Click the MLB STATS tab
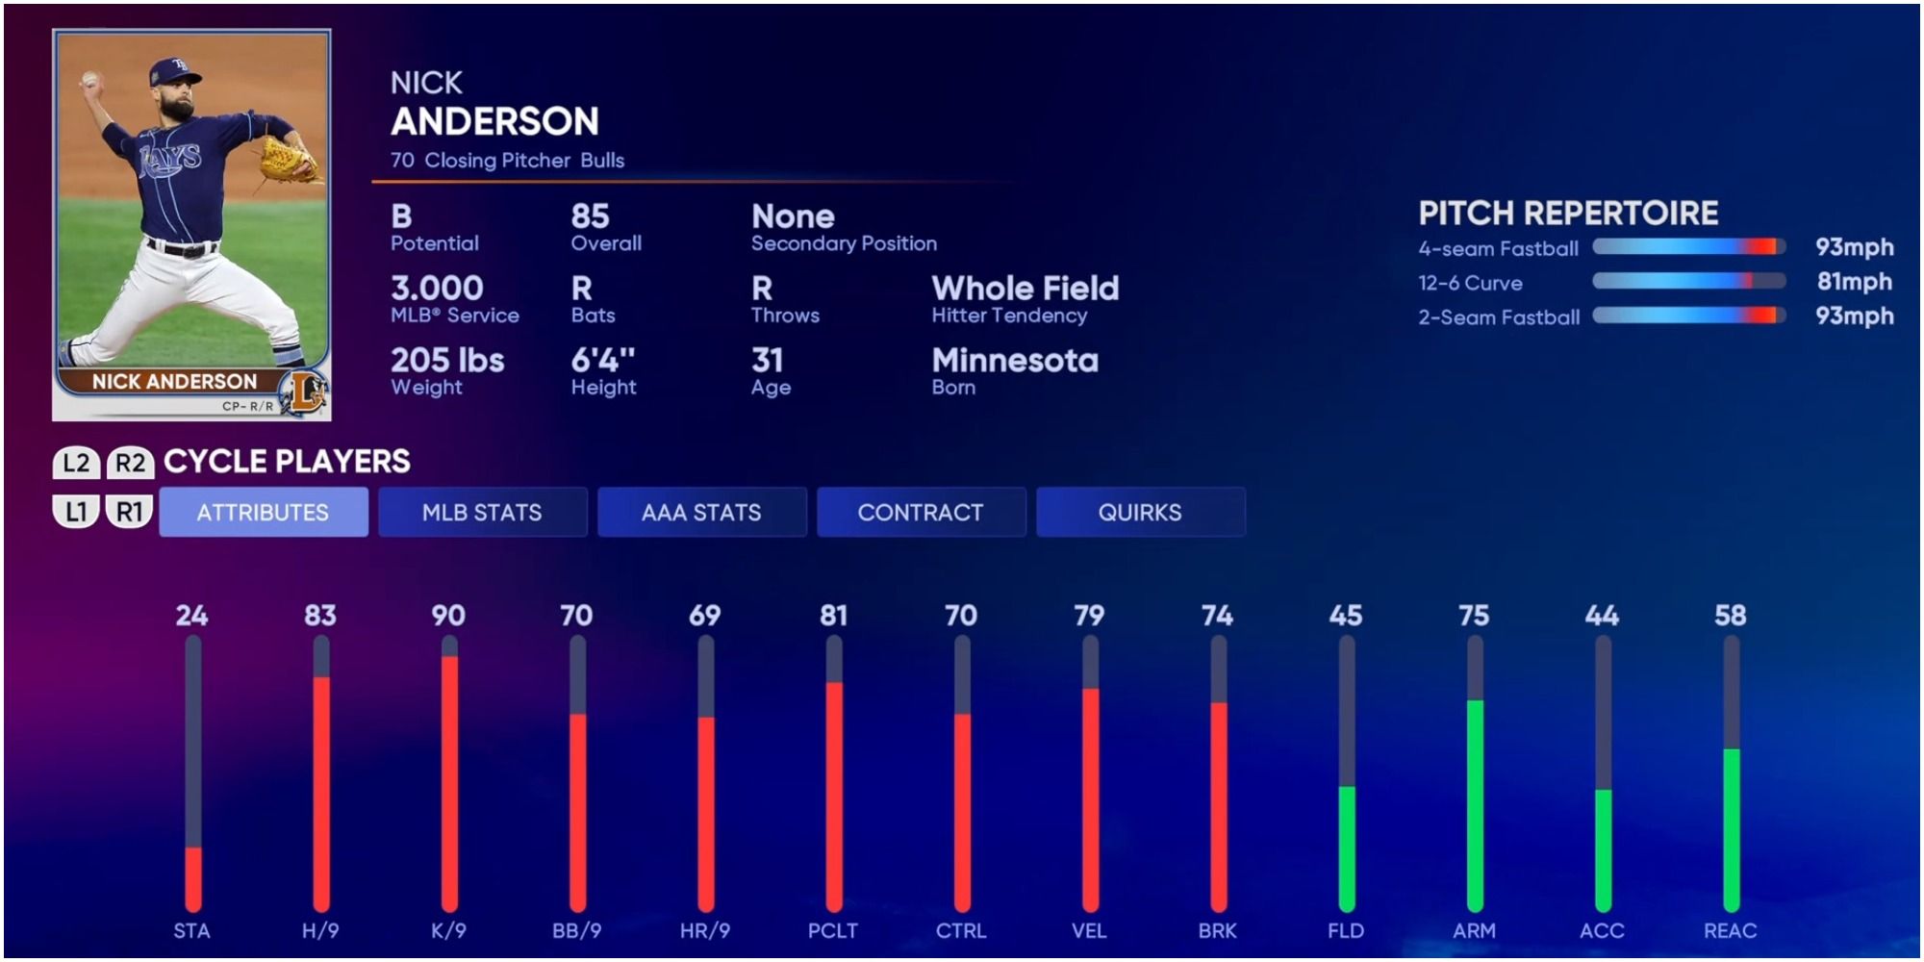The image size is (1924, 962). (482, 512)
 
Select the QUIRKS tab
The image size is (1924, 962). (1140, 512)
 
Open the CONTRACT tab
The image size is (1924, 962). (921, 512)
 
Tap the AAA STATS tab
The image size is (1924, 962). (701, 512)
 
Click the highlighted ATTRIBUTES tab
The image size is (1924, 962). (263, 512)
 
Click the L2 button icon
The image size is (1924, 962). (76, 463)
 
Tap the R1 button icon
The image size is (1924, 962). (130, 512)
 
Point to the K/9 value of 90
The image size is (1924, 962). (448, 616)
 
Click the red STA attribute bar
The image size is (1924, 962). (193, 878)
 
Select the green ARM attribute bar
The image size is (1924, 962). (1475, 804)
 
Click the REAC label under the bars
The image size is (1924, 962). (1730, 930)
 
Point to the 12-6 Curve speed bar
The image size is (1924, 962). (1688, 281)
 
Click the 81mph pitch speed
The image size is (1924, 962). (1854, 282)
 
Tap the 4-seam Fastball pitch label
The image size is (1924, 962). (1498, 248)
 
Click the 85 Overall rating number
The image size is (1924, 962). (590, 215)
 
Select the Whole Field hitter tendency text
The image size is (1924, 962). (1025, 288)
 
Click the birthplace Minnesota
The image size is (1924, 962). (1014, 360)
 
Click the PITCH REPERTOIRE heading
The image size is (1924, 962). (1568, 213)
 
